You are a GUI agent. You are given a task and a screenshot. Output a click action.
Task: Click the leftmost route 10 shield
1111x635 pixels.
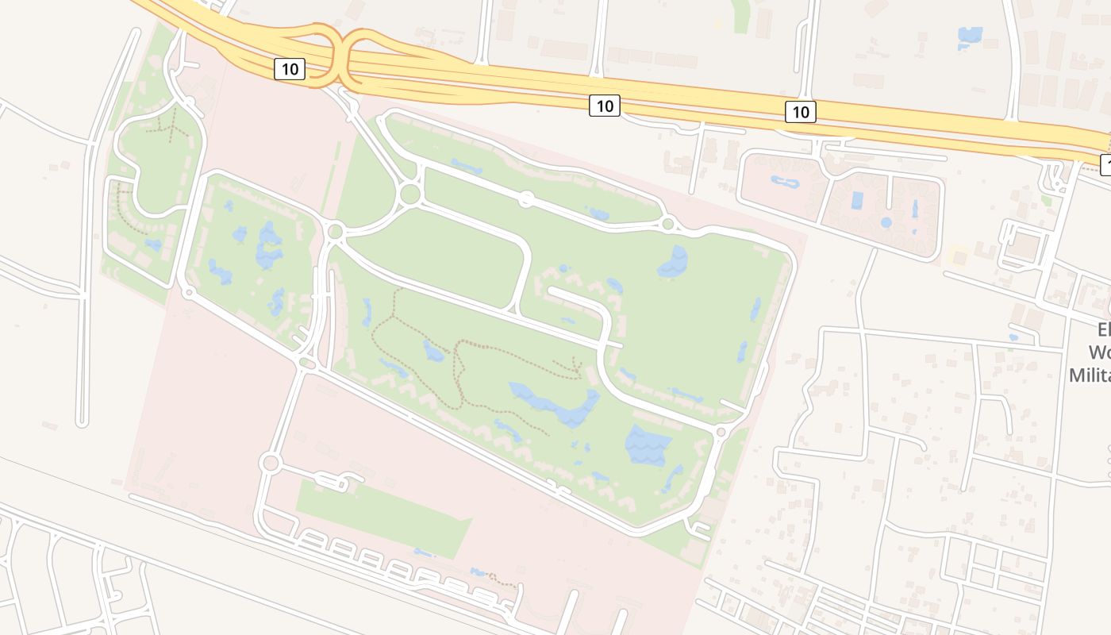[290, 69]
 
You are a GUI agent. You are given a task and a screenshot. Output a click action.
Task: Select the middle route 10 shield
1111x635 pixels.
[604, 105]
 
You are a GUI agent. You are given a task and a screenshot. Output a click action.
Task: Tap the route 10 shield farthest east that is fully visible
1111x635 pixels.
[800, 112]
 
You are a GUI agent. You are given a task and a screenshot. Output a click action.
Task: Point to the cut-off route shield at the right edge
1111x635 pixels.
[1105, 165]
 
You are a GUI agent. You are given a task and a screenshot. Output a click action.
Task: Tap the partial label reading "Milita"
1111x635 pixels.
[1089, 374]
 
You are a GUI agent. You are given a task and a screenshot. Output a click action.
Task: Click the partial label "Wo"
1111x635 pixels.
[1098, 352]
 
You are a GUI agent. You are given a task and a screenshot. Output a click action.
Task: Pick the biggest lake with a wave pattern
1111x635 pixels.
[648, 444]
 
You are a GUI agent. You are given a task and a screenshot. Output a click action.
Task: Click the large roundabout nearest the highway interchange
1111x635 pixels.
[410, 194]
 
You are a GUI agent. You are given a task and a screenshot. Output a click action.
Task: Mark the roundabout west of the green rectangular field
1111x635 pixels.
[271, 463]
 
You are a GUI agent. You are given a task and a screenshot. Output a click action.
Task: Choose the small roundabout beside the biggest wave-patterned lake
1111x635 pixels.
[721, 433]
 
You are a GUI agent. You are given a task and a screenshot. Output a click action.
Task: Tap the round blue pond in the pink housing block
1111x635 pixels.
[886, 222]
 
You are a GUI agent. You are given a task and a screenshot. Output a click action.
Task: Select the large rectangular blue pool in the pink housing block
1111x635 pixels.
[857, 200]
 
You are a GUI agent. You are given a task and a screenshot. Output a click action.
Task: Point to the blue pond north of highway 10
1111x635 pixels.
[969, 36]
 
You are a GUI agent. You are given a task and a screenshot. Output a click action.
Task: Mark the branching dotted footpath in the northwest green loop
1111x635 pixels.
[169, 125]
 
